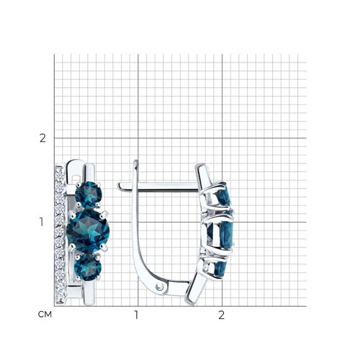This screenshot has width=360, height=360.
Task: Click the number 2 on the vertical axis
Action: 42,138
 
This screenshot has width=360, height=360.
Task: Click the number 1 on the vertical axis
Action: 42,222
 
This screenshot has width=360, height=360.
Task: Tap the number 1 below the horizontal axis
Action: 136,315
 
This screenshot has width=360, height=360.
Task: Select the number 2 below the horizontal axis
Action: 221,315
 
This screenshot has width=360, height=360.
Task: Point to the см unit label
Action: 45,315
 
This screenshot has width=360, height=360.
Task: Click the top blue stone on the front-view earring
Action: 89,194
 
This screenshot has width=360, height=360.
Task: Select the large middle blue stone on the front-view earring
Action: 88,231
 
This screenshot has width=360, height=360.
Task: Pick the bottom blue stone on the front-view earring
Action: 88,268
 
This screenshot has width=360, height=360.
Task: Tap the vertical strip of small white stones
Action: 60,234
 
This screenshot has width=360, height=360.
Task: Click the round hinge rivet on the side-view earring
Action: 159,287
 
